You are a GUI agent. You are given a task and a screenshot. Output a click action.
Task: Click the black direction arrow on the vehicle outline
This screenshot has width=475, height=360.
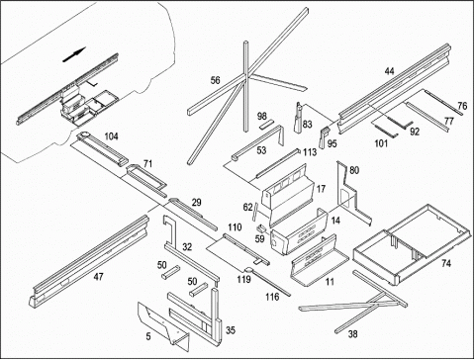pos(74,54)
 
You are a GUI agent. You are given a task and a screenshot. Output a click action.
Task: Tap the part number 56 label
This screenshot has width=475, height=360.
pos(215,80)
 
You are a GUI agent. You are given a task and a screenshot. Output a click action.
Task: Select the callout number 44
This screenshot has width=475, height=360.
pos(390,71)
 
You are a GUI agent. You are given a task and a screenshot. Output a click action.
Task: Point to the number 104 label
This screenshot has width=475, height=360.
pos(111,136)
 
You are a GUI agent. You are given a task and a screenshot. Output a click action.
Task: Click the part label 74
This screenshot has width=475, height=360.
pos(446,263)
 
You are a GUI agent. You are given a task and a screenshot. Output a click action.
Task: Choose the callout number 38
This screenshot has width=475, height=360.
pos(352,334)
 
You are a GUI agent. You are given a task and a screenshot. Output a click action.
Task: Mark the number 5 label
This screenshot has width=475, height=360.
pos(148,336)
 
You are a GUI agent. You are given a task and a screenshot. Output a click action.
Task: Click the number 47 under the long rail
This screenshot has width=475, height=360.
pos(98,277)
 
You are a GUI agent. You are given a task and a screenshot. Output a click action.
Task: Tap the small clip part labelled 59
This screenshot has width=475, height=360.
pos(262,227)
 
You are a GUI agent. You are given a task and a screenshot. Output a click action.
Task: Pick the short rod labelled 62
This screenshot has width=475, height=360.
pos(255,213)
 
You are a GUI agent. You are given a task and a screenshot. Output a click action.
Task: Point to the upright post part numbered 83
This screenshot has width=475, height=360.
pos(298,118)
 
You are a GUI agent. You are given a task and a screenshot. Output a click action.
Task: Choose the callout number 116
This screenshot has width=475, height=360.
pos(272,297)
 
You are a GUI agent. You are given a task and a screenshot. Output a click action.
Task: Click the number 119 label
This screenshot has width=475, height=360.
pos(243,280)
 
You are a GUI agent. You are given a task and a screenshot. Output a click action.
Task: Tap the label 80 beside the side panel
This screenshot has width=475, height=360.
pos(354,170)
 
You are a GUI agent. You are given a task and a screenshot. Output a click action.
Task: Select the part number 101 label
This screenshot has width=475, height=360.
pos(381,143)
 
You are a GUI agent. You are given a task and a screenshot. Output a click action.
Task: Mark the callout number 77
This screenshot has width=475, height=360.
pos(449,121)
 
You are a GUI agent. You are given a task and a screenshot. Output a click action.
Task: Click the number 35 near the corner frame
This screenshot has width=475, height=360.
pos(231,329)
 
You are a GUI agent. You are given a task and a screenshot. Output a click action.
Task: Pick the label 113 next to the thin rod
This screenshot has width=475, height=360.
pos(310,152)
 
